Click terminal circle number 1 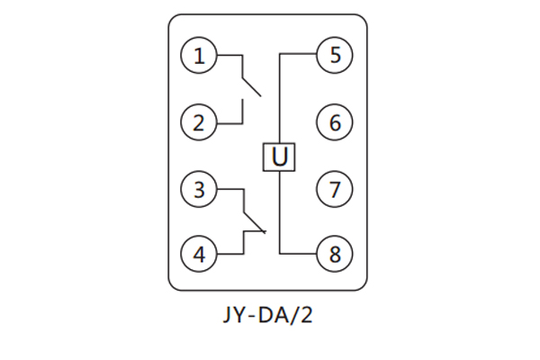pos(199,56)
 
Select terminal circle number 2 pos(199,121)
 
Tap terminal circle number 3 pos(199,190)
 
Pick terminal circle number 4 pos(199,255)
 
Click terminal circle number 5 pos(335,56)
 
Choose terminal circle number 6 pos(335,121)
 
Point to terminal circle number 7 pos(335,190)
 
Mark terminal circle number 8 pos(335,255)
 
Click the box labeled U pos(280,157)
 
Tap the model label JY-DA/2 pos(269,317)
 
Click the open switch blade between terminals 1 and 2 pos(251,85)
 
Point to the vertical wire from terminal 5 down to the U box pos(280,99)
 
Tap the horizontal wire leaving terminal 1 pos(229,56)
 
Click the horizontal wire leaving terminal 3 pos(229,190)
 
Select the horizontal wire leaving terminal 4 pos(229,255)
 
